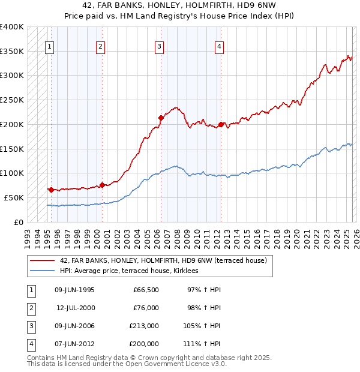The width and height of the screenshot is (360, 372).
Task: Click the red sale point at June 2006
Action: [x=161, y=118]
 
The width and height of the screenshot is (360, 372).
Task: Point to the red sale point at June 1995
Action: [x=51, y=190]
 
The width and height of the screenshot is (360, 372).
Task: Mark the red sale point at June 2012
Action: [x=221, y=124]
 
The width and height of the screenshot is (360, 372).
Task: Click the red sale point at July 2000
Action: [x=102, y=185]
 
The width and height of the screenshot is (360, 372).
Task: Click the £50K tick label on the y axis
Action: [x=14, y=197]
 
